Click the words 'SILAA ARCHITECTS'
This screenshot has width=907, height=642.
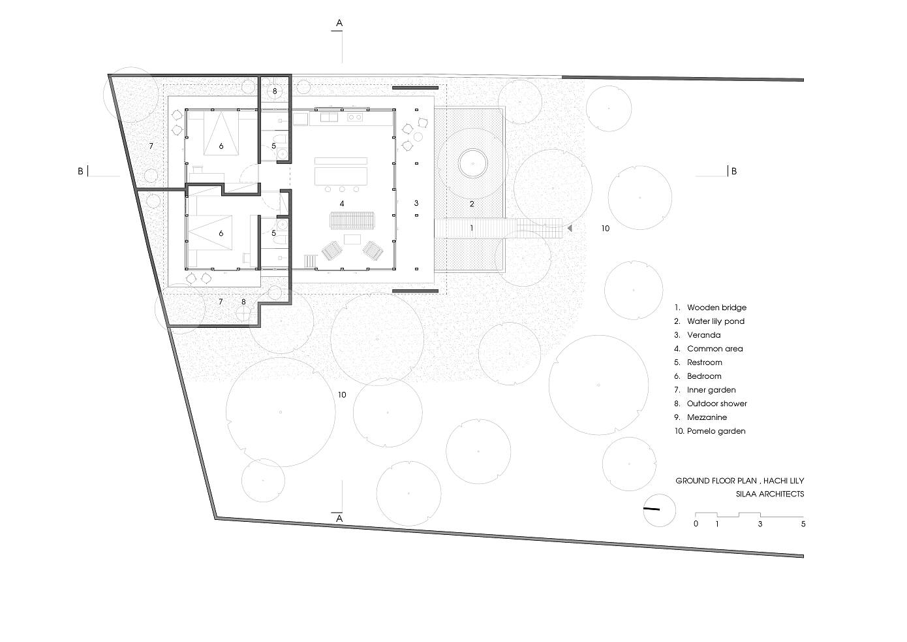click(x=770, y=494)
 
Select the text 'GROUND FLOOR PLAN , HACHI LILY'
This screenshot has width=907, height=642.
click(x=740, y=481)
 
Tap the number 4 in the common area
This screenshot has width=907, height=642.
click(x=342, y=204)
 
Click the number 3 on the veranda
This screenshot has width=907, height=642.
click(x=416, y=203)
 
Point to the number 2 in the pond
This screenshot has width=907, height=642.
click(x=472, y=204)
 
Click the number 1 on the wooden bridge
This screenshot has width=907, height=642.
click(x=472, y=228)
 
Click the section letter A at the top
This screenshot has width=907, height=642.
click(x=339, y=23)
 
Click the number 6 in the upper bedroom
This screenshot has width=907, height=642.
click(x=221, y=146)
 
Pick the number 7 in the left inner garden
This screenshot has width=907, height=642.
click(x=151, y=146)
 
